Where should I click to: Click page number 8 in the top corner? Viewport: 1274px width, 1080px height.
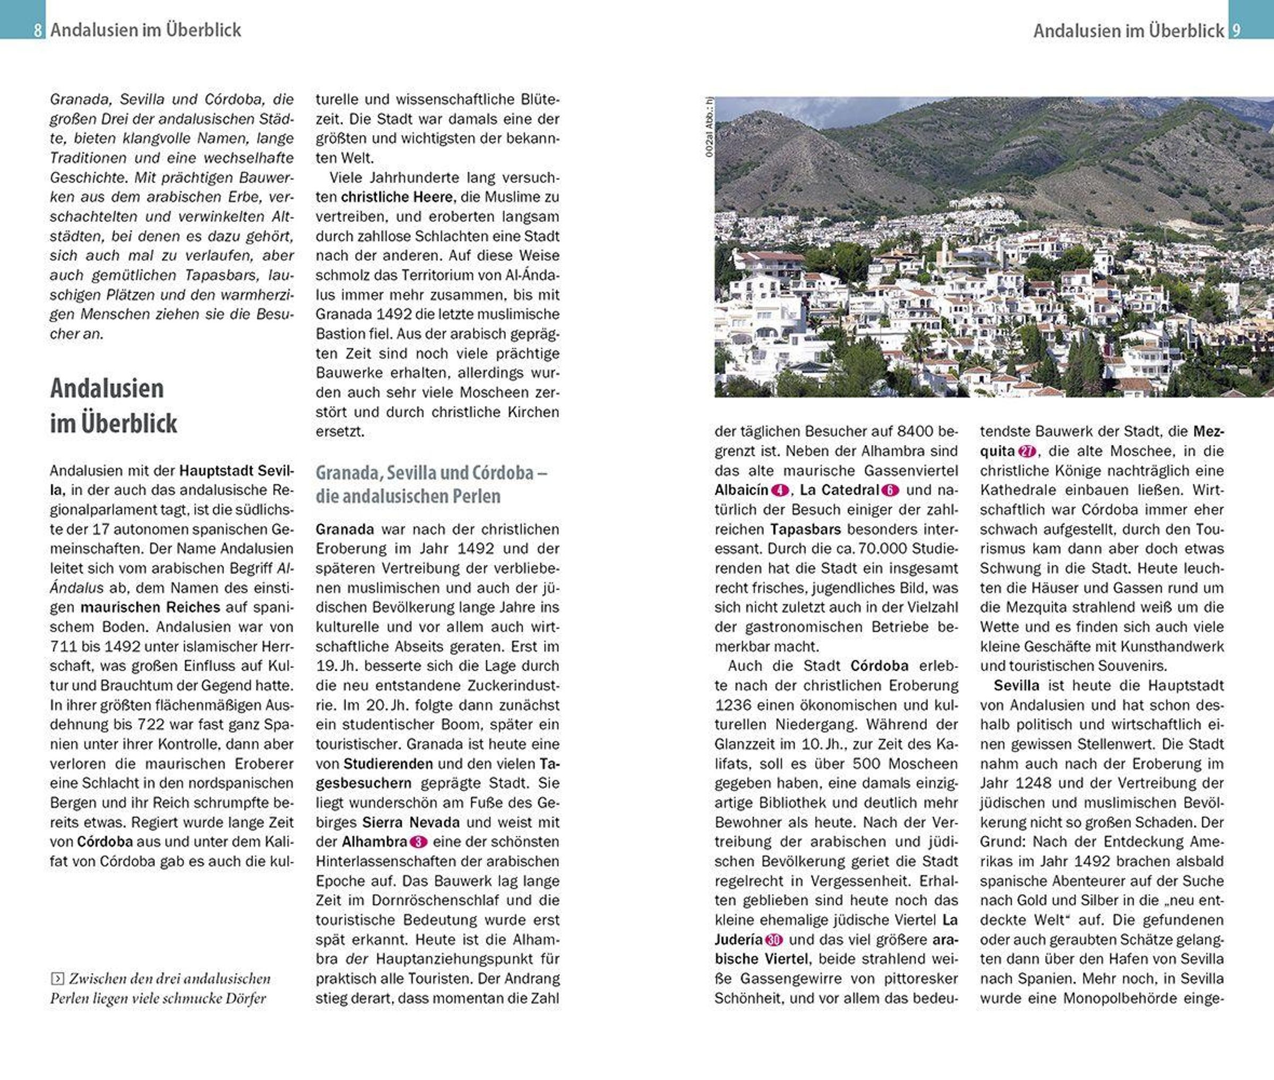point(38,30)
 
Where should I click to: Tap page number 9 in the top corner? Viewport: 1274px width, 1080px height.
point(1236,30)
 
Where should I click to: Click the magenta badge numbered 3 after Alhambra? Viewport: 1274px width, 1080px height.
point(418,842)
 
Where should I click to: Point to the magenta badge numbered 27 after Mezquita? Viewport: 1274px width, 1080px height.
point(1027,451)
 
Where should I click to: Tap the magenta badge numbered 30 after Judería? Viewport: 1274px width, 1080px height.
point(774,940)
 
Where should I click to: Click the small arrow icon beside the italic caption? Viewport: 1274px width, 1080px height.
point(57,979)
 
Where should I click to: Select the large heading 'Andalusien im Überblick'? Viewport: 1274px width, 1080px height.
point(113,405)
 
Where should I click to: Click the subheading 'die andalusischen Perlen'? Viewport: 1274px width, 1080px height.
point(408,496)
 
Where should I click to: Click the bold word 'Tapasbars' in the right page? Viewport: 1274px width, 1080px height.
point(805,529)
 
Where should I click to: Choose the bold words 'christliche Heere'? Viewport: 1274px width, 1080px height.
point(397,197)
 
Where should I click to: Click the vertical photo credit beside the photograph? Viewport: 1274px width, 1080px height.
point(709,127)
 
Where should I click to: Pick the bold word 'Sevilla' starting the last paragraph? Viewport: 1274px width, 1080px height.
point(1017,685)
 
